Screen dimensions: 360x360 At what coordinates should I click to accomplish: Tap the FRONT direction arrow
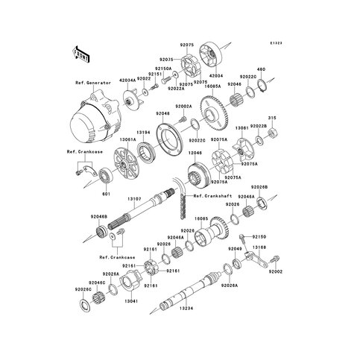click(80, 54)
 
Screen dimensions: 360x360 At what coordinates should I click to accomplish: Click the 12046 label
click(195, 152)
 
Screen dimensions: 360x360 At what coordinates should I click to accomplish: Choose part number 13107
click(134, 199)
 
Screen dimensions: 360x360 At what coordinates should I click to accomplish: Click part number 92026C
click(83, 289)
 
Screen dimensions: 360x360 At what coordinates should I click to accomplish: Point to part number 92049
click(235, 247)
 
